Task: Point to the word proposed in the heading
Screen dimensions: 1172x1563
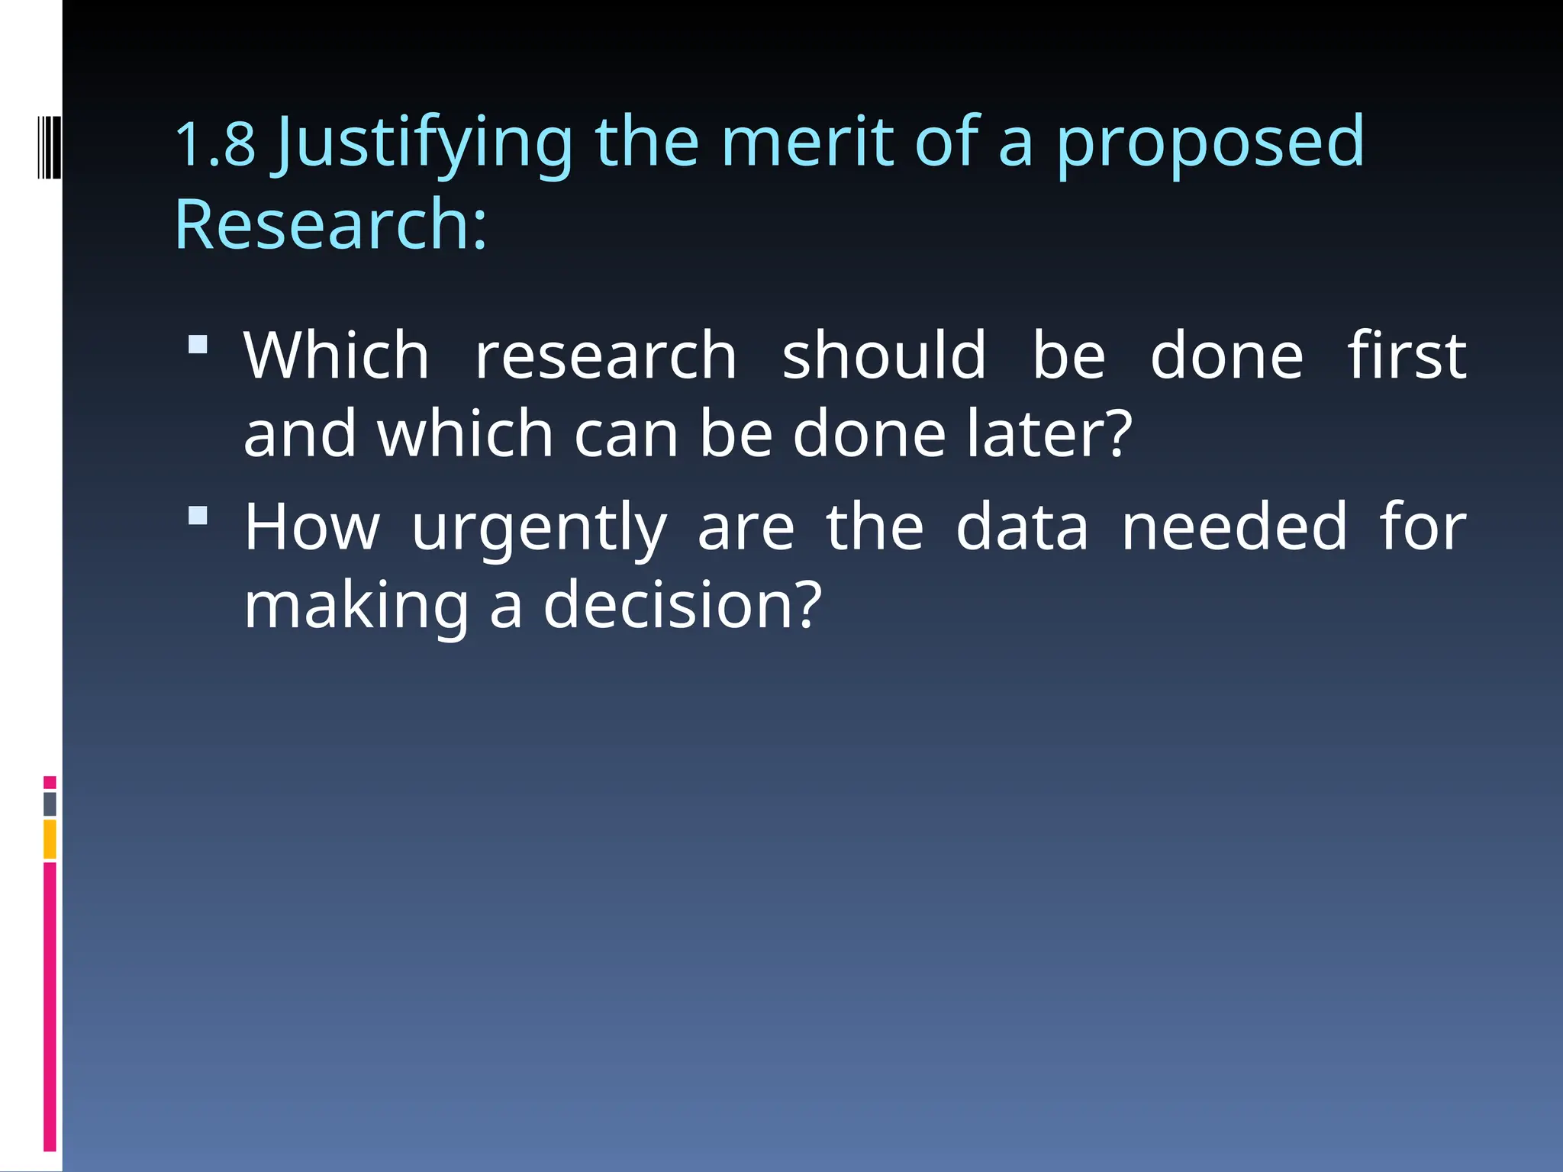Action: [x=1210, y=145]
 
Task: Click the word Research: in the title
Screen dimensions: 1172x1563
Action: [x=330, y=224]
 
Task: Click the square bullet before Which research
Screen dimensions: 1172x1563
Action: [x=198, y=344]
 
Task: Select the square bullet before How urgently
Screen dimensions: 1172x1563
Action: [x=198, y=516]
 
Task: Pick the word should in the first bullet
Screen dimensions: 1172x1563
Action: [x=884, y=356]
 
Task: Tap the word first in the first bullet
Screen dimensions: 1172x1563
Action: [x=1407, y=356]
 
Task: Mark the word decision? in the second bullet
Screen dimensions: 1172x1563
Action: [x=682, y=604]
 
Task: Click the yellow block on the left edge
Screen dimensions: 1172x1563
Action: [x=50, y=839]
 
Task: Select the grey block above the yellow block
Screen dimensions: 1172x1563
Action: [x=50, y=803]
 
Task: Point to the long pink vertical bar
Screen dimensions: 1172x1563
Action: [x=50, y=1006]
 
